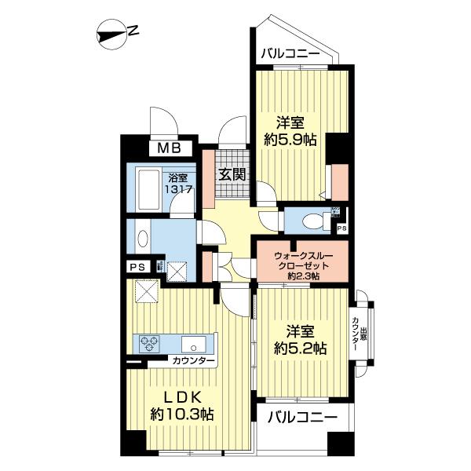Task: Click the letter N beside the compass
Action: point(134,32)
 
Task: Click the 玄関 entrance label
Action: point(231,174)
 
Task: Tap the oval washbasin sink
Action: point(141,239)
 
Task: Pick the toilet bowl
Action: point(315,221)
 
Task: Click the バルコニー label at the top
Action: point(290,54)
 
